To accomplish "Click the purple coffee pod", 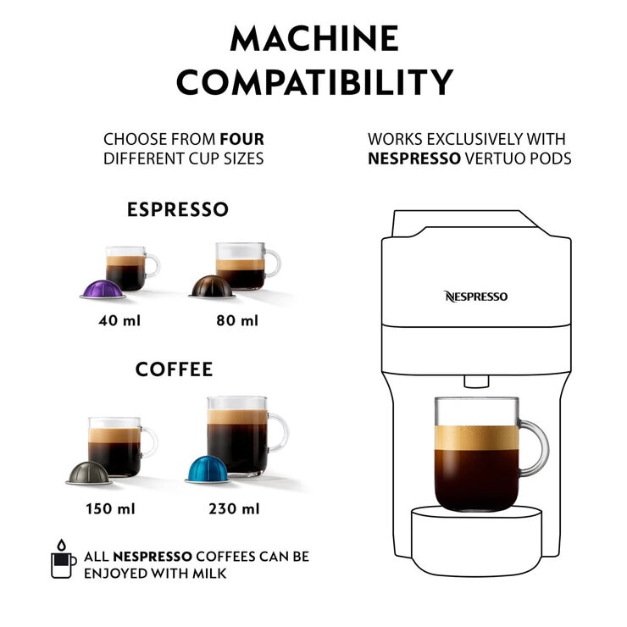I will (x=103, y=288).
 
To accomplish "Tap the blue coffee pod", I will (x=209, y=469).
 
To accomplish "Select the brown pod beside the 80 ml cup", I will (x=211, y=286).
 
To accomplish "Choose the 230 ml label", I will (x=234, y=509).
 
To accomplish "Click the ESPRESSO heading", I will (x=178, y=209).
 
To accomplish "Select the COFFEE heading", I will (x=175, y=370).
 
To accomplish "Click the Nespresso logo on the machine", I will (x=475, y=297).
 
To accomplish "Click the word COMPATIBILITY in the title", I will (x=314, y=83).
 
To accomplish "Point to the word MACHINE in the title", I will (x=314, y=39).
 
